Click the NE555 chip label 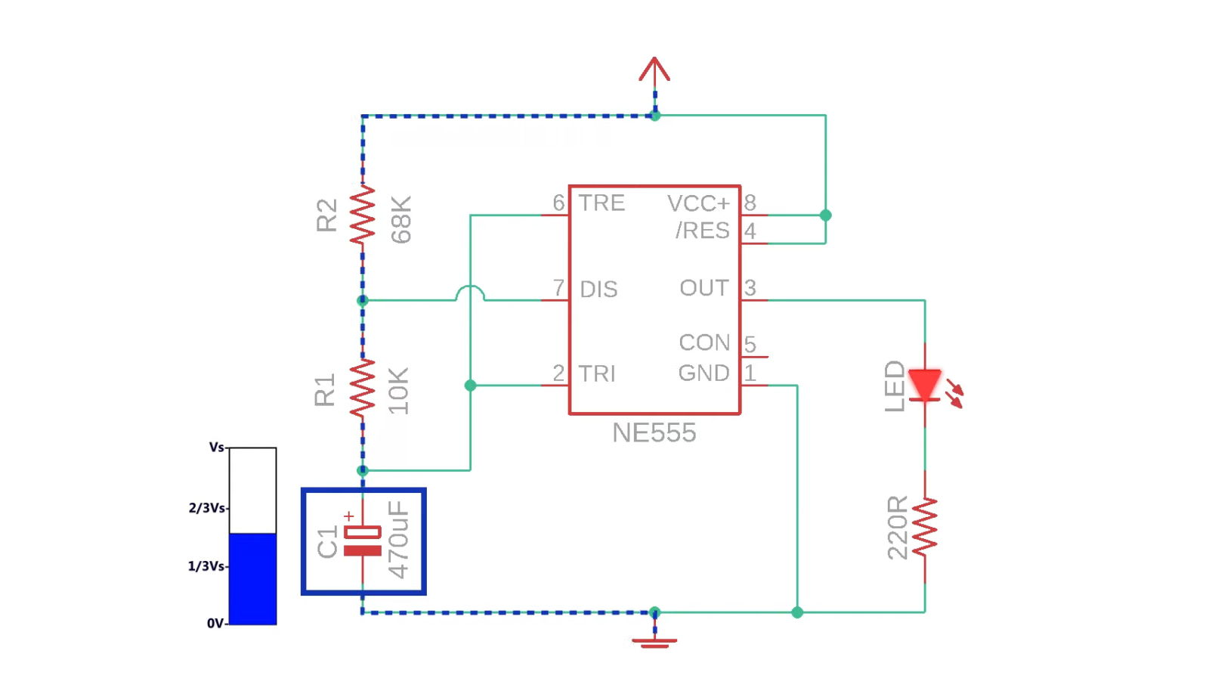coord(654,433)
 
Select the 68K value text coord(401,219)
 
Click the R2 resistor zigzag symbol coord(363,215)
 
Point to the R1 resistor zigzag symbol coord(363,388)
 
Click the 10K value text coord(398,391)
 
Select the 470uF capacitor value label coord(398,540)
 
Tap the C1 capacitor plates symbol coord(363,540)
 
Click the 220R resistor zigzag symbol coord(924,528)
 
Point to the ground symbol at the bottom coord(654,641)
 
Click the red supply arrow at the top coord(654,70)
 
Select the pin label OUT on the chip coord(703,288)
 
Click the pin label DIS coord(598,290)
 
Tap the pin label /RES coord(702,231)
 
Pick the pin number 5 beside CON coord(750,344)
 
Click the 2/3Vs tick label coord(206,508)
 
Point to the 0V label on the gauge coord(215,624)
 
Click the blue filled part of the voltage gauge coord(252,578)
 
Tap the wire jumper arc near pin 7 coord(470,292)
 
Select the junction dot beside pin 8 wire coord(825,215)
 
